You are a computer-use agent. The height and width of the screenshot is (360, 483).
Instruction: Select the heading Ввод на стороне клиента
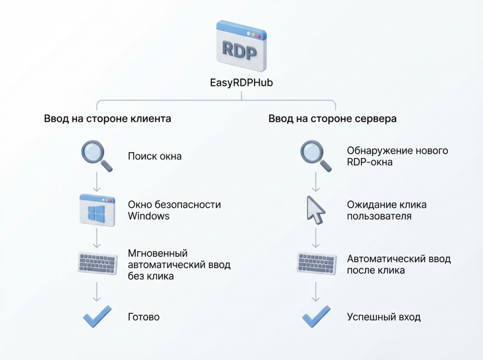108,119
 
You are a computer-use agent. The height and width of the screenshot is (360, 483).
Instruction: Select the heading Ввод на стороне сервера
333,119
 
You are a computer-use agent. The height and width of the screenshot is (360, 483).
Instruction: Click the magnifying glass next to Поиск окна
97,156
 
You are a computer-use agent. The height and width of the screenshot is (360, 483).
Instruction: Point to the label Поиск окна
155,156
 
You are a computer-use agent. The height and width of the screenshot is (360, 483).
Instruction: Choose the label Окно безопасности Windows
174,210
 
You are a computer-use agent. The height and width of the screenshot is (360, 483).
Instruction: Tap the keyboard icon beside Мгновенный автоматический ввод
97,263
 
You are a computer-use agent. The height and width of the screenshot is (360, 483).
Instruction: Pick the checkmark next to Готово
97,316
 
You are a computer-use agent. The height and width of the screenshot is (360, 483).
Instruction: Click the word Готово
144,317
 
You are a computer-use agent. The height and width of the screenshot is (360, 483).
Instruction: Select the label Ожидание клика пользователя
386,211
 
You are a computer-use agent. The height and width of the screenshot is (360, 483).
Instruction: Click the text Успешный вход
383,317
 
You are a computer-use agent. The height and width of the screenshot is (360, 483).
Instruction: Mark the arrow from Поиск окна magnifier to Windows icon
97,181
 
